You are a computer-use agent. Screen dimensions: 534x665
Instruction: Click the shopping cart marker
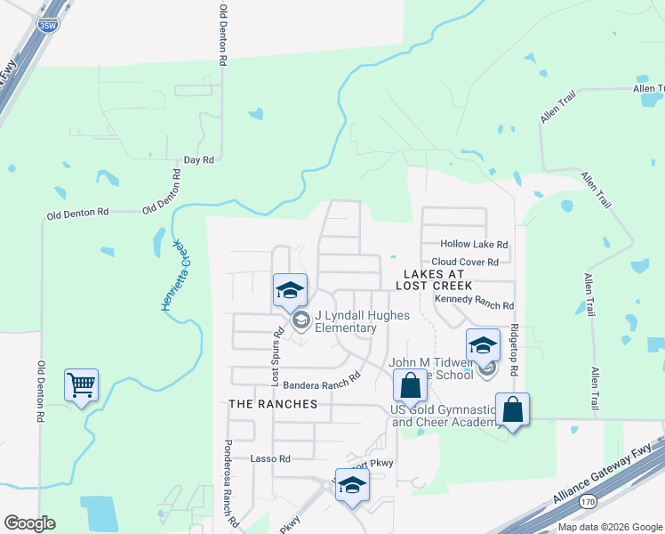81,386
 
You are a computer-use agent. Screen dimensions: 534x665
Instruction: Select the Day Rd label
199,160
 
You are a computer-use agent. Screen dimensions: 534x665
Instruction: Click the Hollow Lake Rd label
474,244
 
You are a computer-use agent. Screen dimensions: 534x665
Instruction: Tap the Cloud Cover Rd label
471,262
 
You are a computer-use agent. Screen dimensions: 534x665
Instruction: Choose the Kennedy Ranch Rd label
475,303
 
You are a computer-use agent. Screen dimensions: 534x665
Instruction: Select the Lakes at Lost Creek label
436,279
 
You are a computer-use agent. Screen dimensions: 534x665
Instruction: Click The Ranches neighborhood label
273,403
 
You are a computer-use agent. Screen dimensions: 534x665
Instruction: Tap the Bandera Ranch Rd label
321,380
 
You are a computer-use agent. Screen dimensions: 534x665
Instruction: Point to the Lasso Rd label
270,458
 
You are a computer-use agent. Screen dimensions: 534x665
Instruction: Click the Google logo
29,523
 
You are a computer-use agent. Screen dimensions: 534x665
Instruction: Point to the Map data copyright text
609,527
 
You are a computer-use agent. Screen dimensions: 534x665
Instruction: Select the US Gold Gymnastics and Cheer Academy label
448,415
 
